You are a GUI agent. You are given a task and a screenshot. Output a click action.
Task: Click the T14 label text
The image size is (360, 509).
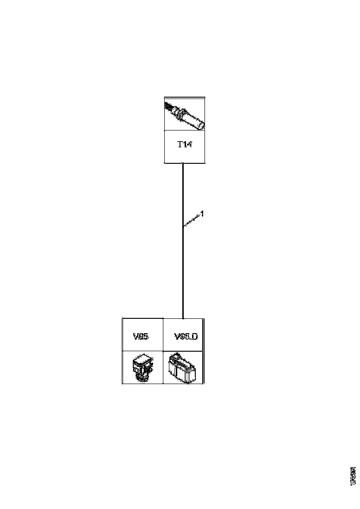[185, 145]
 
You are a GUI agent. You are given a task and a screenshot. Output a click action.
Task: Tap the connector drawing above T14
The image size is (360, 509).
[185, 115]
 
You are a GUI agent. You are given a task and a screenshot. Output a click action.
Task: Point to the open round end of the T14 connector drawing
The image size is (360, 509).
[201, 124]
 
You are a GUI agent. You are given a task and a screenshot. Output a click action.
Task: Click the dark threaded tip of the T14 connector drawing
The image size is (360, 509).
[170, 106]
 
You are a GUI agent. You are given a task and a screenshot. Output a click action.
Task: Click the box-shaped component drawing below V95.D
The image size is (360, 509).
[184, 368]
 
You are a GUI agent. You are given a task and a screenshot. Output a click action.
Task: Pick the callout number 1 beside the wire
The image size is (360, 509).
[202, 214]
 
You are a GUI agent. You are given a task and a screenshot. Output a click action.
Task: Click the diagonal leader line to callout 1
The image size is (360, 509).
[192, 220]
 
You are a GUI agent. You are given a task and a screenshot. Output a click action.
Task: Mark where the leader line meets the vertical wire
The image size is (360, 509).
[183, 226]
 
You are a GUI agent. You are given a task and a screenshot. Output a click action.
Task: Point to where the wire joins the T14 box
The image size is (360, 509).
[183, 163]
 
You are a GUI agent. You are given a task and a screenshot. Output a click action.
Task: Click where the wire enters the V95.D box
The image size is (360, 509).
[183, 318]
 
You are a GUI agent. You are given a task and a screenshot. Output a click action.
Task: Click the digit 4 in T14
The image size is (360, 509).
[189, 145]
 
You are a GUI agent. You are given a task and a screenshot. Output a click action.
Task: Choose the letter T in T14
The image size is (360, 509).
[180, 145]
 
